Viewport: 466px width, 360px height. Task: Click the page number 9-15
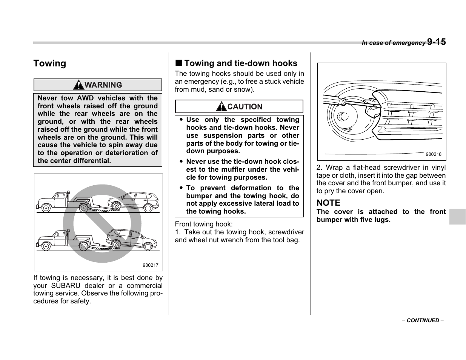point(436,42)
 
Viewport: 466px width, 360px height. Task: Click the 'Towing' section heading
point(49,63)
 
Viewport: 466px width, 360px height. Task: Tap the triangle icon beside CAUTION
point(221,107)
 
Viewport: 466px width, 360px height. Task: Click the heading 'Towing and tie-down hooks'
point(240,63)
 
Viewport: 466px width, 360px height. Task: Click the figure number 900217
point(150,265)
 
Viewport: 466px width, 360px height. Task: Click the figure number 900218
point(433,154)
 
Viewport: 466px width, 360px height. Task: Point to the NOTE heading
point(328,203)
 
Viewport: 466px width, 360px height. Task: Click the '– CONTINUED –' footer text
point(423,320)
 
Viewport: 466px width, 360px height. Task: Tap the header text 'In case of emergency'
point(393,43)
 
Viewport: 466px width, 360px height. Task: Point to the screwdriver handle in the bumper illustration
point(331,99)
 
